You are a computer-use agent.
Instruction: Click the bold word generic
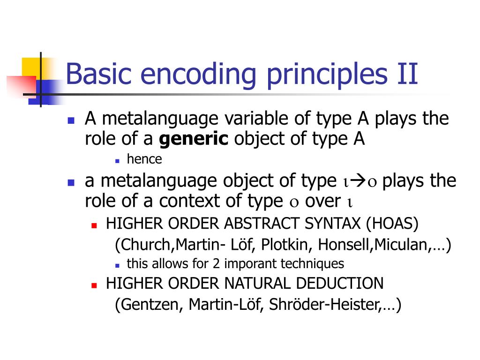tap(194, 139)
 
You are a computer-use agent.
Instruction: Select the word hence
tap(144, 159)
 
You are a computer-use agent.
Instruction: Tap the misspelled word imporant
tap(251, 264)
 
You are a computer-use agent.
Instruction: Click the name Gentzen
tap(149, 305)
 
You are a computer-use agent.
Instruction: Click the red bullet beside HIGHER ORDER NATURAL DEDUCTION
tap(94, 285)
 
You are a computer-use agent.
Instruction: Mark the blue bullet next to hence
tap(118, 160)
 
